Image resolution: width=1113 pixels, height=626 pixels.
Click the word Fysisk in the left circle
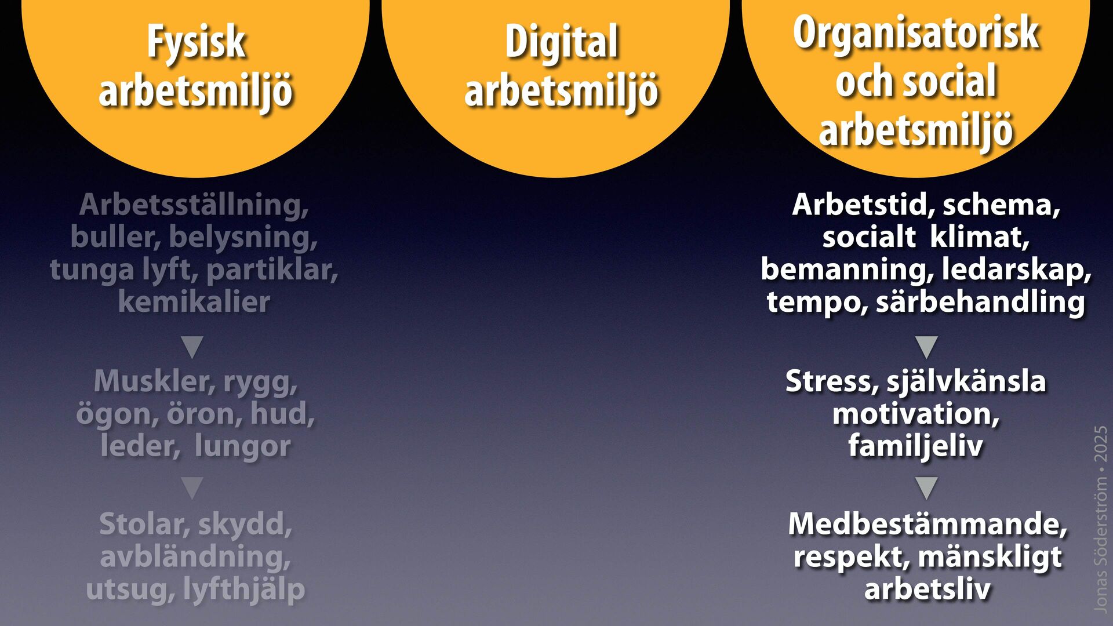(x=196, y=43)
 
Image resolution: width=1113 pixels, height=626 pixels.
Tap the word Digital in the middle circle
(x=561, y=43)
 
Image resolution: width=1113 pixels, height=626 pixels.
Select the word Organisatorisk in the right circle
(x=916, y=33)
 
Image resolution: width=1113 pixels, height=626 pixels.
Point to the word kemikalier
(x=194, y=302)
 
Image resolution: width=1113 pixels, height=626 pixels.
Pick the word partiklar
(x=271, y=270)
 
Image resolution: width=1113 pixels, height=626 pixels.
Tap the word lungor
(x=242, y=446)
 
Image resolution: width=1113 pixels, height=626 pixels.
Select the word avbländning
(x=195, y=556)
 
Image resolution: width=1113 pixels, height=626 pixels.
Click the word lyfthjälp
(x=244, y=589)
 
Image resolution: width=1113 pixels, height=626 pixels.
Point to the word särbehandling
(x=980, y=302)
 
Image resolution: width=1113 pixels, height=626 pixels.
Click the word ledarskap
(x=1015, y=270)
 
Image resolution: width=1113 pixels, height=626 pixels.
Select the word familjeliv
(x=916, y=446)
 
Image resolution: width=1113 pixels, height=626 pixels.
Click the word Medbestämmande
(x=926, y=524)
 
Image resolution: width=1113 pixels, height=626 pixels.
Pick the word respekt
(x=850, y=556)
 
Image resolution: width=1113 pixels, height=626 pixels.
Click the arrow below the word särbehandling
(x=926, y=347)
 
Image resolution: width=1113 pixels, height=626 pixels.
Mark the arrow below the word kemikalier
(x=192, y=347)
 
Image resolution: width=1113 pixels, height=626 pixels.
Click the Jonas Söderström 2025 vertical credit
(x=1100, y=519)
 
